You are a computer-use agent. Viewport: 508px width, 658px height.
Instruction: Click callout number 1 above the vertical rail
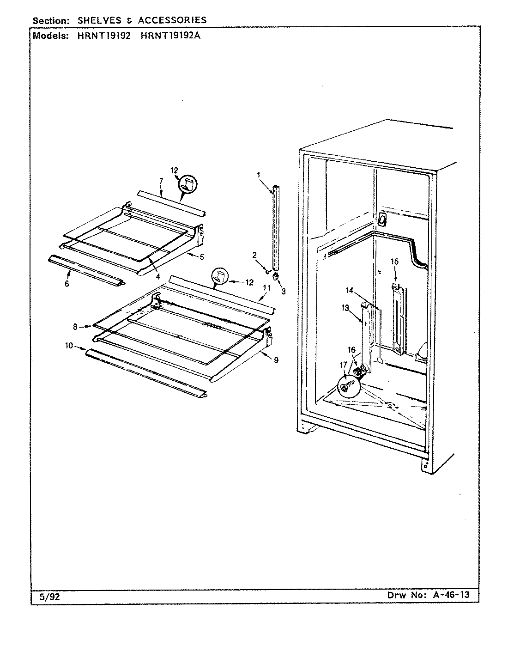pos(259,175)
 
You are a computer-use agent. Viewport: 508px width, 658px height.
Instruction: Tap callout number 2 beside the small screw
pos(254,255)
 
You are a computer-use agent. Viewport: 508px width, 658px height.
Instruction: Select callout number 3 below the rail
pos(284,291)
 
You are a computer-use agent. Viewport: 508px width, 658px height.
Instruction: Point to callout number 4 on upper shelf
pos(158,277)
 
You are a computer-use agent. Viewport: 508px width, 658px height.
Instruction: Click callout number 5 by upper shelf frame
pos(201,257)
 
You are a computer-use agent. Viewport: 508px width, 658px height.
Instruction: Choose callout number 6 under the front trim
pos(67,284)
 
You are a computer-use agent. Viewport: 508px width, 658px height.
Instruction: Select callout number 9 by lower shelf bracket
pos(276,360)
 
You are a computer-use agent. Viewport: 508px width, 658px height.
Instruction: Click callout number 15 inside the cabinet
pos(394,262)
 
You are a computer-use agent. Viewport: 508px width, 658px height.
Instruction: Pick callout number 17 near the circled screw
pos(343,365)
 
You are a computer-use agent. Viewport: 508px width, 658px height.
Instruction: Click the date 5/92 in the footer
pos(49,597)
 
